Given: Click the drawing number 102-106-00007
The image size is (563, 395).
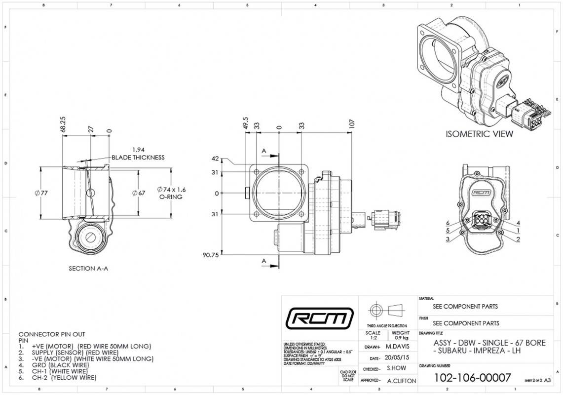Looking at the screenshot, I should point(472,378).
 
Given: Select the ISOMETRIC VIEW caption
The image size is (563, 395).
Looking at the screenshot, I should point(479,134).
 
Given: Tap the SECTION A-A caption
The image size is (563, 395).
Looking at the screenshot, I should point(89,269).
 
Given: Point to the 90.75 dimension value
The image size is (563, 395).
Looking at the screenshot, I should point(211,255).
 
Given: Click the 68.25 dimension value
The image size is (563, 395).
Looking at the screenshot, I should point(63,124).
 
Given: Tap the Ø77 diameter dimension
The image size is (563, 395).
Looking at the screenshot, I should point(41,193).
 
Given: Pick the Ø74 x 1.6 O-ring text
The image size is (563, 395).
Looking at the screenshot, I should point(171,190).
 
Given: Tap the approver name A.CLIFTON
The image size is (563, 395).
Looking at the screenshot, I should point(401,381).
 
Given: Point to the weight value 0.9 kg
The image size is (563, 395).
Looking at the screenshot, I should point(401,338).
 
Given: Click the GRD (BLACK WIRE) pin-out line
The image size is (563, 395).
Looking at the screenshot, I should point(59,365).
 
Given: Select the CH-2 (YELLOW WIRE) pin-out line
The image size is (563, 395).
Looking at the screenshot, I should point(64,378).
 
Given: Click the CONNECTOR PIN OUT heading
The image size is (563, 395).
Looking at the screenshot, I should point(51,334).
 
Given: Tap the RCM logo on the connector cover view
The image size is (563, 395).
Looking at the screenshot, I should point(481,193).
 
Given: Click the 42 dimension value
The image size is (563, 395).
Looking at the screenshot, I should point(215,158).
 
